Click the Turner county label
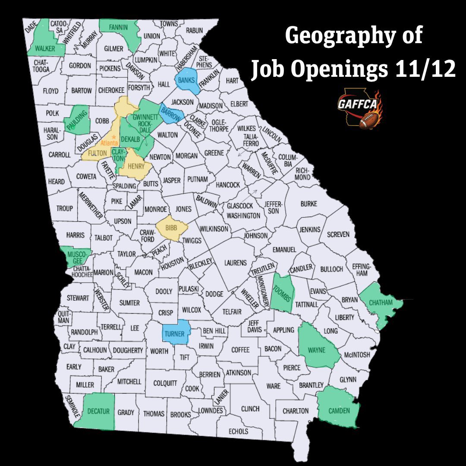click(x=174, y=334)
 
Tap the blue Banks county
click(x=188, y=80)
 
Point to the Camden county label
click(x=339, y=410)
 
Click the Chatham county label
click(x=381, y=302)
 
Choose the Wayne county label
click(x=316, y=350)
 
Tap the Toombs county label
click(x=283, y=293)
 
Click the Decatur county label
click(x=98, y=411)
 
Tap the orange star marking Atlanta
click(x=114, y=137)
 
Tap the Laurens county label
click(x=235, y=262)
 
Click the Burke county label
click(x=309, y=203)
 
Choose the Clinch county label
click(x=250, y=409)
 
